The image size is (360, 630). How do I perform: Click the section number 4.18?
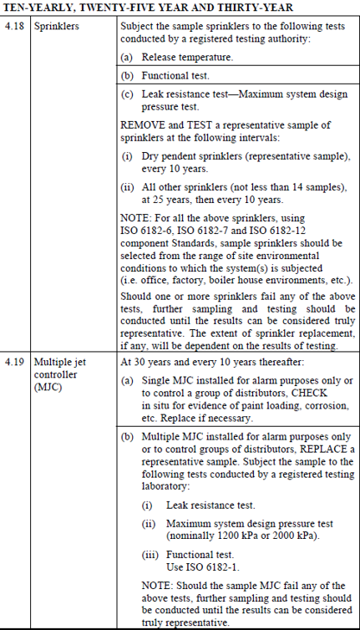(15, 27)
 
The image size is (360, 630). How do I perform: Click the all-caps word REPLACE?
(322, 448)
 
